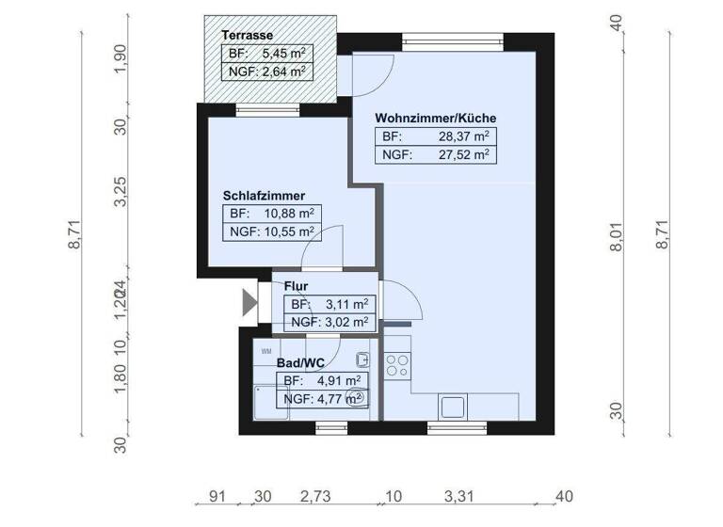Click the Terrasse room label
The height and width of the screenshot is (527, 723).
click(248, 36)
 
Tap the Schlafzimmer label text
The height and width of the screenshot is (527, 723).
click(264, 196)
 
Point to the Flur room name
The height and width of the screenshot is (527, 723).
click(297, 286)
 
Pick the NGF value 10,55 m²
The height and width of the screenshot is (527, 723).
click(289, 232)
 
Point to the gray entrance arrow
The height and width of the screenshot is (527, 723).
click(249, 302)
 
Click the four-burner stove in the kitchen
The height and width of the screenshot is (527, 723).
click(397, 363)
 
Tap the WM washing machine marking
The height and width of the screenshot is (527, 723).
click(266, 351)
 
